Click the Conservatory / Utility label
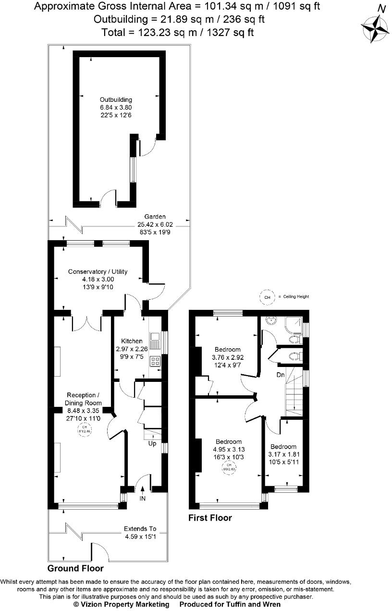(x=91, y=272)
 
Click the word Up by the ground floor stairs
(x=152, y=443)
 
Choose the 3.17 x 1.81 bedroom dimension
(x=283, y=454)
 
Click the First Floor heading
(x=210, y=518)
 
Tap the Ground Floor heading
(x=83, y=568)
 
